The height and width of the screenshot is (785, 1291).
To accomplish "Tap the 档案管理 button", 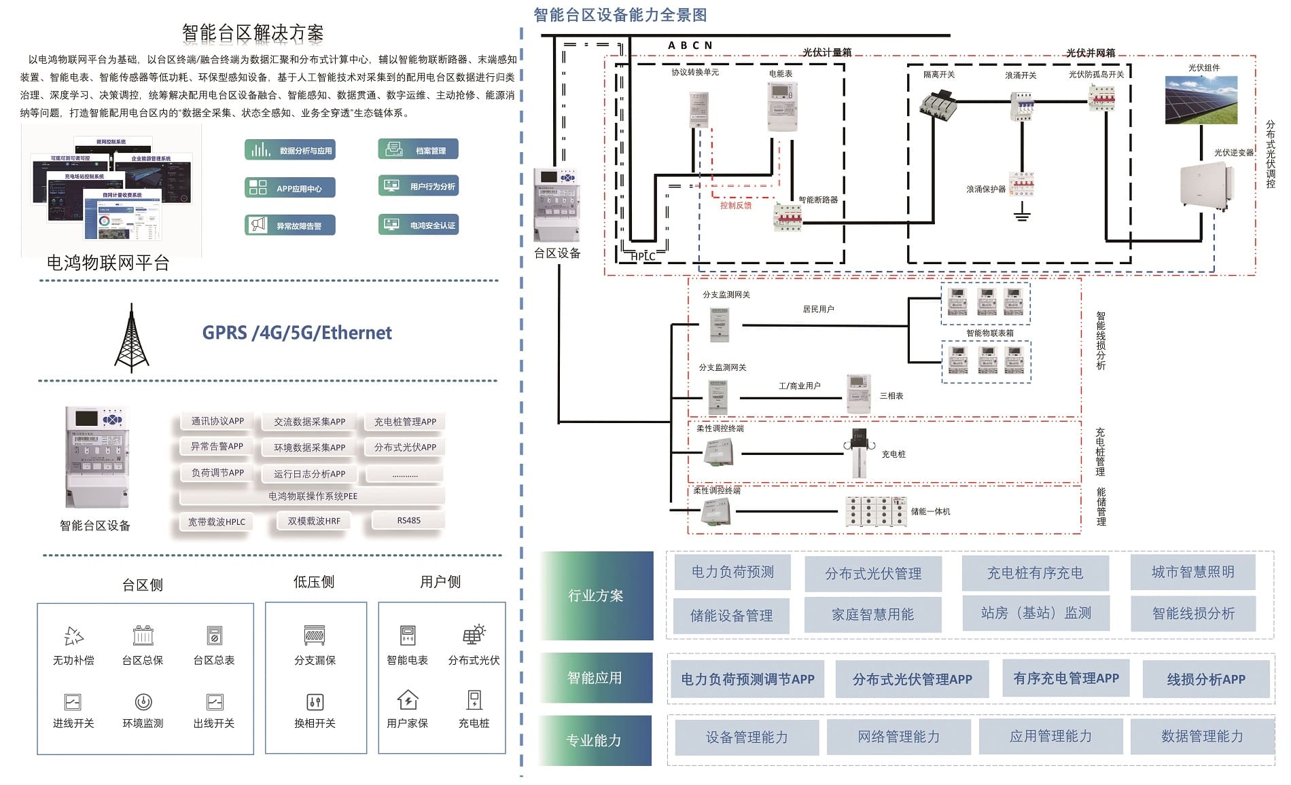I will pos(418,149).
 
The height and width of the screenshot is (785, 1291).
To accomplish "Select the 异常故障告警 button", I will pos(289,225).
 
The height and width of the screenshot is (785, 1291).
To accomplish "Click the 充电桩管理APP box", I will pos(405,422).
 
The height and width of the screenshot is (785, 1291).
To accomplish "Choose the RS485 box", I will pos(408,521).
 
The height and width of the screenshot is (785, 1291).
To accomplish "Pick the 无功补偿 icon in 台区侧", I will pos(73,636).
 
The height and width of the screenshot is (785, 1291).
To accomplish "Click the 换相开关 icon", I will pos(315,701).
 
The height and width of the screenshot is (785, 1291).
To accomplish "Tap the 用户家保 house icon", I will pos(407,699).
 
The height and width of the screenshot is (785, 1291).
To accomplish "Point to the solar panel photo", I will pos(1201,100).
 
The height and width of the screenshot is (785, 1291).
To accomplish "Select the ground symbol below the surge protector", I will pos(1022,214).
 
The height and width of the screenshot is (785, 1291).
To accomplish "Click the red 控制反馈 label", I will pos(735,205).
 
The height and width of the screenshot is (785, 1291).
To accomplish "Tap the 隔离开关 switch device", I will pos(939,105).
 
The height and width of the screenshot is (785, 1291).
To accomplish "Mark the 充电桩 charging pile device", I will pos(859,453).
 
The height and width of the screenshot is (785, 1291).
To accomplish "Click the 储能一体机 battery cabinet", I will pos(876,511).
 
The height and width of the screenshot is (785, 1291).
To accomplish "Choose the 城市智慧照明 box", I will pos(1192,572).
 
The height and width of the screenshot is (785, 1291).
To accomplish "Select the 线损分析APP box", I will pos(1205,679).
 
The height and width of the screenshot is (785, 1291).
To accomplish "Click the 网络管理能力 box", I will pos(898,737).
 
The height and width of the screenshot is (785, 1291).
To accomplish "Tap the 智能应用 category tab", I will pos(595,678).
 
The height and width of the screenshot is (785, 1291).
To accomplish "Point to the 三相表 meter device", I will pos(859,394).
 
